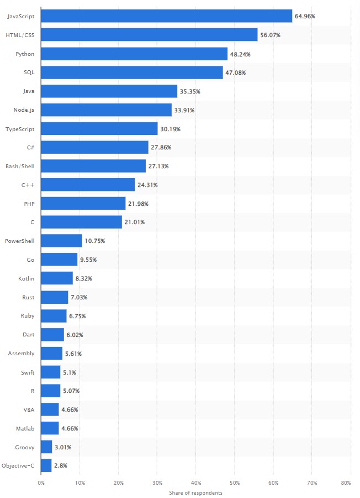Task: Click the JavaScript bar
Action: tap(166, 16)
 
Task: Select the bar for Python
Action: tap(134, 54)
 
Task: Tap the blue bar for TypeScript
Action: tap(99, 128)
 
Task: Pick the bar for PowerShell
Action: tap(62, 241)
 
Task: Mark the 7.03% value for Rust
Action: tap(79, 297)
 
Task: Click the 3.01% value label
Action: tap(63, 447)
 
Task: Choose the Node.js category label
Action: tap(24, 110)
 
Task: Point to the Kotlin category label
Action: tap(26, 278)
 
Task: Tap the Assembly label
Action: tap(22, 353)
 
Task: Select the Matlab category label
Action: tap(25, 428)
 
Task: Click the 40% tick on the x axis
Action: tap(195, 483)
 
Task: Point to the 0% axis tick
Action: tap(41, 483)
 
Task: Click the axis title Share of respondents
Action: tap(195, 492)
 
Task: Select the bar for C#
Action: tap(95, 147)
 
